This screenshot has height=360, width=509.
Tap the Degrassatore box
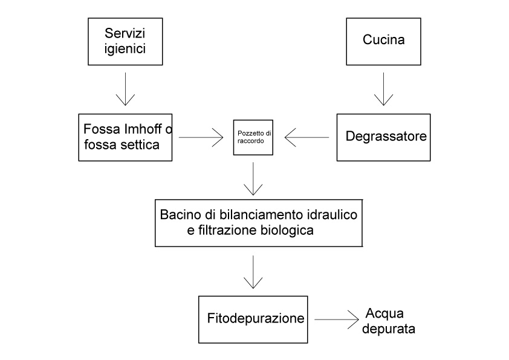[x=384, y=137]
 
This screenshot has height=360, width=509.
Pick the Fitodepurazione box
[x=253, y=318]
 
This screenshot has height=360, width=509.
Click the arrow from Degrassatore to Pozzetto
[x=306, y=137]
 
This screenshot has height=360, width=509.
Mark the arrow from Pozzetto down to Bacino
[x=253, y=177]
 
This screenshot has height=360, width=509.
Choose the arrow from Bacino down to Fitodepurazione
[x=253, y=272]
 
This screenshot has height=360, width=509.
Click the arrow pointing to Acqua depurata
[x=336, y=319]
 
